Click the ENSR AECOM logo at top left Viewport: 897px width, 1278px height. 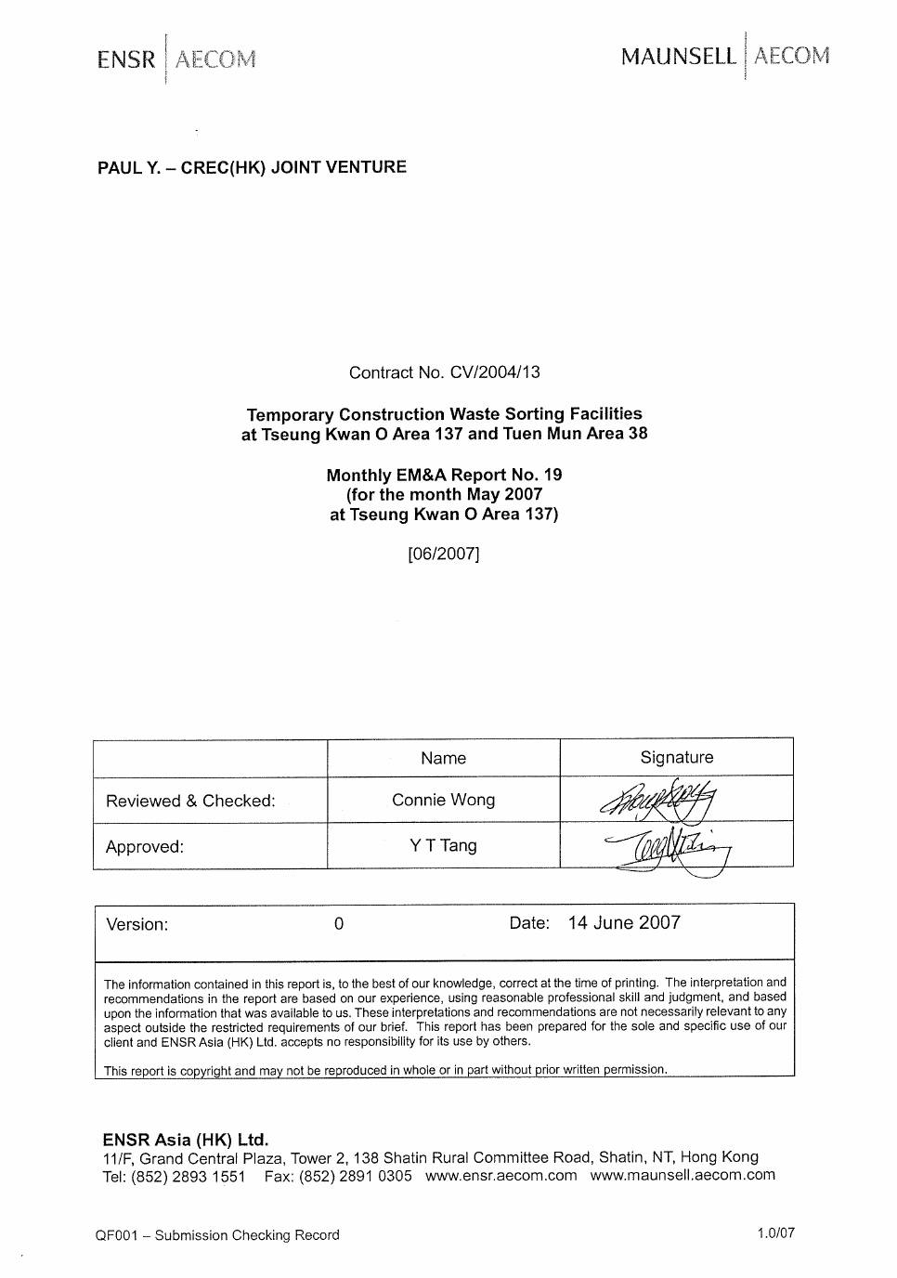(175, 59)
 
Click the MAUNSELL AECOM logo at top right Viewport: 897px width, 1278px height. (724, 56)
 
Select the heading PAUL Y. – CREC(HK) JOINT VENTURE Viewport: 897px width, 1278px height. (252, 168)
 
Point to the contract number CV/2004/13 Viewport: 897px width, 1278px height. (494, 373)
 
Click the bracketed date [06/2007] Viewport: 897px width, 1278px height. (444, 554)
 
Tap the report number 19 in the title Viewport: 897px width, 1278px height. (552, 476)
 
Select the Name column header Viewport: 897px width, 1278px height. (443, 759)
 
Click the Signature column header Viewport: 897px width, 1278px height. (676, 758)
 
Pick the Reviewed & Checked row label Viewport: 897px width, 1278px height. (190, 801)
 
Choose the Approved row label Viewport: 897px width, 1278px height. (145, 847)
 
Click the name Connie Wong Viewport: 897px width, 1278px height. (443, 801)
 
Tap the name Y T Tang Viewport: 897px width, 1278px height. (443, 846)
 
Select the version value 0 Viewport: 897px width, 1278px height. (339, 924)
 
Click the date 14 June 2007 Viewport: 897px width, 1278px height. (624, 923)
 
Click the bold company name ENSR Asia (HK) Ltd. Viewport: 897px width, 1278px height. (185, 1140)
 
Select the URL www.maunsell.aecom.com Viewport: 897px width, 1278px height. (682, 1176)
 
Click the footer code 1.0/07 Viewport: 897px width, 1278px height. (775, 1233)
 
